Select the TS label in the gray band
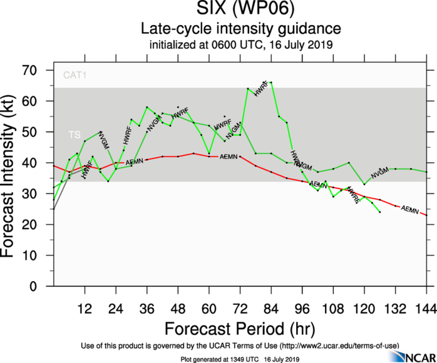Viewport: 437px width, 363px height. [74, 135]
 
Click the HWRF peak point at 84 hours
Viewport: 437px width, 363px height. [270, 82]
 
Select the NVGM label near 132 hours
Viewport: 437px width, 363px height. [380, 173]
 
